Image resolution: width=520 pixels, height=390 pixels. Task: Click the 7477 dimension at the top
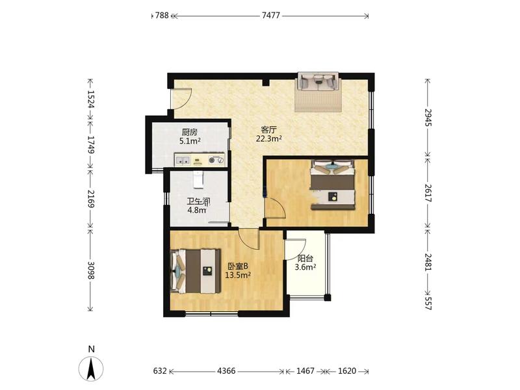(271, 15)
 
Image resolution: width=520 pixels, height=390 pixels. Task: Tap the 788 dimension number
(162, 15)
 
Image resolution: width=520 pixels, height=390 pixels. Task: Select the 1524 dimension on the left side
(91, 99)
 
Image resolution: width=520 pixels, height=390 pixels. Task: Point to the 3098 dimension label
(91, 270)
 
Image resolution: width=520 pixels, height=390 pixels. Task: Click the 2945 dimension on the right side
(428, 118)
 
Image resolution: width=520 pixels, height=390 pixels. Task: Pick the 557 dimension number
(428, 303)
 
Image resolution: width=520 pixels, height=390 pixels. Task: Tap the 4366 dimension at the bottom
(226, 370)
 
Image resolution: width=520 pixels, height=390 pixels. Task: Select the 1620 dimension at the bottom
(347, 370)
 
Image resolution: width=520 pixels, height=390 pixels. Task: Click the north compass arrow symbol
(91, 369)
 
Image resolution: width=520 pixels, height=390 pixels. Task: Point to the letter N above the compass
(92, 349)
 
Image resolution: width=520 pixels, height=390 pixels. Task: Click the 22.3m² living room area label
(268, 139)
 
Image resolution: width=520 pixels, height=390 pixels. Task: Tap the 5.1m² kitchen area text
(190, 141)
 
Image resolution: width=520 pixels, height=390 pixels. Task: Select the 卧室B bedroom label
(238, 266)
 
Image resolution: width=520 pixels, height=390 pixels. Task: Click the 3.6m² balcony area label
(305, 267)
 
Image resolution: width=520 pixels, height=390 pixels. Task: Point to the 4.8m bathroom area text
(197, 210)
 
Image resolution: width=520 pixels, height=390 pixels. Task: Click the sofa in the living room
(318, 81)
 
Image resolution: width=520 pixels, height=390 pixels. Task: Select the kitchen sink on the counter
(183, 160)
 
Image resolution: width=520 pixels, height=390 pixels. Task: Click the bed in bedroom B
(196, 271)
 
